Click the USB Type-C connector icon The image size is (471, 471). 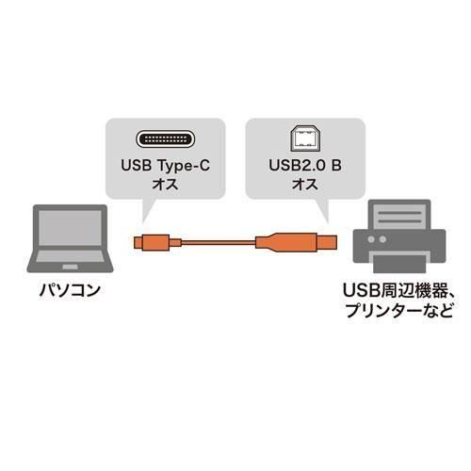coord(165,138)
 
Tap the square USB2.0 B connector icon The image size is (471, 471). coord(305,138)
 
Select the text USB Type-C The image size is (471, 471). coord(165,166)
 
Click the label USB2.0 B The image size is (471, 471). coord(305,166)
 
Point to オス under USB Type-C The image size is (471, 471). coord(165,184)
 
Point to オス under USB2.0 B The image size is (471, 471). coord(305,184)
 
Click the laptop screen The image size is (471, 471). coord(70,228)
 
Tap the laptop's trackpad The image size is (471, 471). coord(70,267)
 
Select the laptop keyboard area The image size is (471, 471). coord(70,256)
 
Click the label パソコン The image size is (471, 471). coord(70,290)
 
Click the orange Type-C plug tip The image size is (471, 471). coord(138,242)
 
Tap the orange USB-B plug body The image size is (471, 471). coord(296,243)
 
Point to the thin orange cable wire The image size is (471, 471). coord(219,242)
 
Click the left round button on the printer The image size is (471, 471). coord(371,239)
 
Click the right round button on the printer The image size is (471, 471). coord(382,239)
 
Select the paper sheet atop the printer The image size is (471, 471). coord(399,217)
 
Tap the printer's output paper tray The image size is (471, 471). coord(399,263)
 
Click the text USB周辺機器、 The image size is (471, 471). coord(398,291)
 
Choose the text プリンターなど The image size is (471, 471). coord(398,310)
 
